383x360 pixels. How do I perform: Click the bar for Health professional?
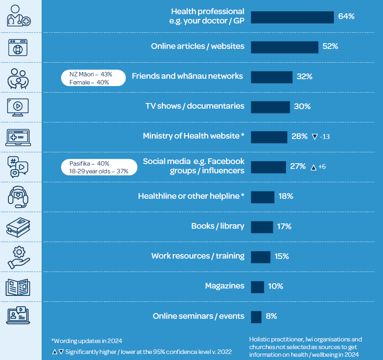tap(292, 17)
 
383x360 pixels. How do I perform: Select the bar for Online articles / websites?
tap(284, 47)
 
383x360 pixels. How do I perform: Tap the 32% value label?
tap(304, 76)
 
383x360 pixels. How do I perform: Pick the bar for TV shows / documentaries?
tap(270, 107)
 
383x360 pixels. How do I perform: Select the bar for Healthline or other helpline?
tap(263, 197)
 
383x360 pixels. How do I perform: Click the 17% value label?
tap(284, 226)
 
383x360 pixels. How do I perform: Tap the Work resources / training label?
tap(198, 256)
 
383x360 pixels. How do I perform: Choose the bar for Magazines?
tap(257, 287)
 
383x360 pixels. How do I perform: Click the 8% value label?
tap(271, 316)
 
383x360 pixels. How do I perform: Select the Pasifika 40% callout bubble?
tap(99, 167)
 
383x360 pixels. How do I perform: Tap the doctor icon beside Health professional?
tap(18, 16)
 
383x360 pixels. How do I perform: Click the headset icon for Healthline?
tap(18, 197)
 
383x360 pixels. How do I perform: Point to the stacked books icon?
tap(18, 227)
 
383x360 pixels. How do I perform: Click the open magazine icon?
tap(18, 287)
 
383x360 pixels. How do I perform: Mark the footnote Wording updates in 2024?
tap(86, 341)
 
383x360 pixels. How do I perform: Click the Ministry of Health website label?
tap(194, 136)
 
